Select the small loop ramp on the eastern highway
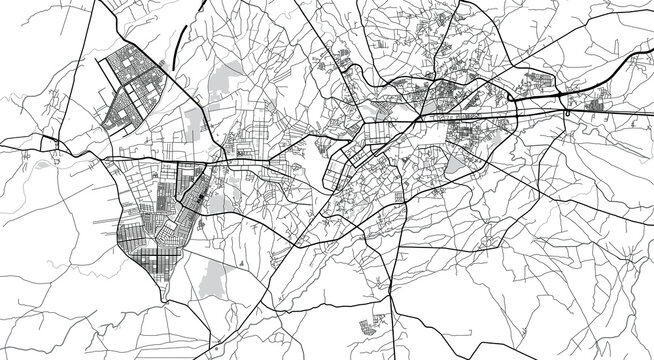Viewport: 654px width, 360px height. pyautogui.click(x=568, y=115)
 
